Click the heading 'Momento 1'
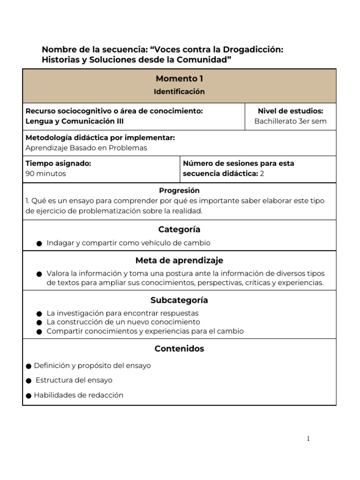(180, 79)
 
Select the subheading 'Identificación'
(180, 92)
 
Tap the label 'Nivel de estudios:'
(290, 111)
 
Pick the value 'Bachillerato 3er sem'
(290, 121)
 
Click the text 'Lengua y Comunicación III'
(75, 121)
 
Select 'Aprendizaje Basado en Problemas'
(86, 148)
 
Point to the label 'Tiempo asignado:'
(58, 164)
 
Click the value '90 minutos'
(46, 173)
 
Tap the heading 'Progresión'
(180, 191)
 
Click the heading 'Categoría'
(180, 230)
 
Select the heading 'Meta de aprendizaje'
(180, 261)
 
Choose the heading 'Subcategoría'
(180, 300)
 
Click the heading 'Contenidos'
(180, 349)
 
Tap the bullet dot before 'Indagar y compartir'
(39, 244)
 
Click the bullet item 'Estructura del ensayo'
(74, 380)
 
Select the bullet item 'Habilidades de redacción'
(78, 395)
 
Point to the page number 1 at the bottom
(308, 439)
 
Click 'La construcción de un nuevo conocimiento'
(123, 322)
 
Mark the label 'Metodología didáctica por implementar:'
(100, 138)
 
